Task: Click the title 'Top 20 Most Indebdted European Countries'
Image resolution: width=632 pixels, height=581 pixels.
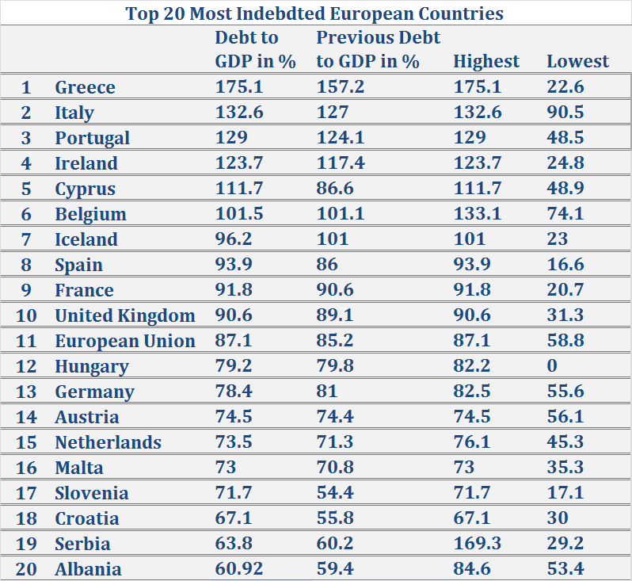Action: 315,13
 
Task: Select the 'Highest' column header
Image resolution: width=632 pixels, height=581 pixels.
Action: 486,62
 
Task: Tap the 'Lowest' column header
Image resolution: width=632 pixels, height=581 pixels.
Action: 578,62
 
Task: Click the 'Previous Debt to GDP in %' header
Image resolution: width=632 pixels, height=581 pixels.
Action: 378,49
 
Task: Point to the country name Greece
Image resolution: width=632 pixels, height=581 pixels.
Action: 85,87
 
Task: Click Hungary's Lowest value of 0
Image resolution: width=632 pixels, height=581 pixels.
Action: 552,366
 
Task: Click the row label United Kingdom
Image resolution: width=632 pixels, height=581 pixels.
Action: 124,315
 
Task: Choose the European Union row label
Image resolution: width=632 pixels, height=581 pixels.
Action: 124,341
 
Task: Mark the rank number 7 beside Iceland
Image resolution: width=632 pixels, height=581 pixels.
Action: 26,239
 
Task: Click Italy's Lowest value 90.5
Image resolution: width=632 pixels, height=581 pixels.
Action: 565,113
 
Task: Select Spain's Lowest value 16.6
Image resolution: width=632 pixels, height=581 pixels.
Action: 565,265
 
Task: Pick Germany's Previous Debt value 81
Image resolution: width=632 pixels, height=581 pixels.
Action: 327,392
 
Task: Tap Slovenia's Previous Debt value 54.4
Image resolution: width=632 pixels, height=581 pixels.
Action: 336,493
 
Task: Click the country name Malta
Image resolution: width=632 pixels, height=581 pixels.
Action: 79,468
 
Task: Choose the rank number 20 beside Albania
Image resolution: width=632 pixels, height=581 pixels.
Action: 26,569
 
